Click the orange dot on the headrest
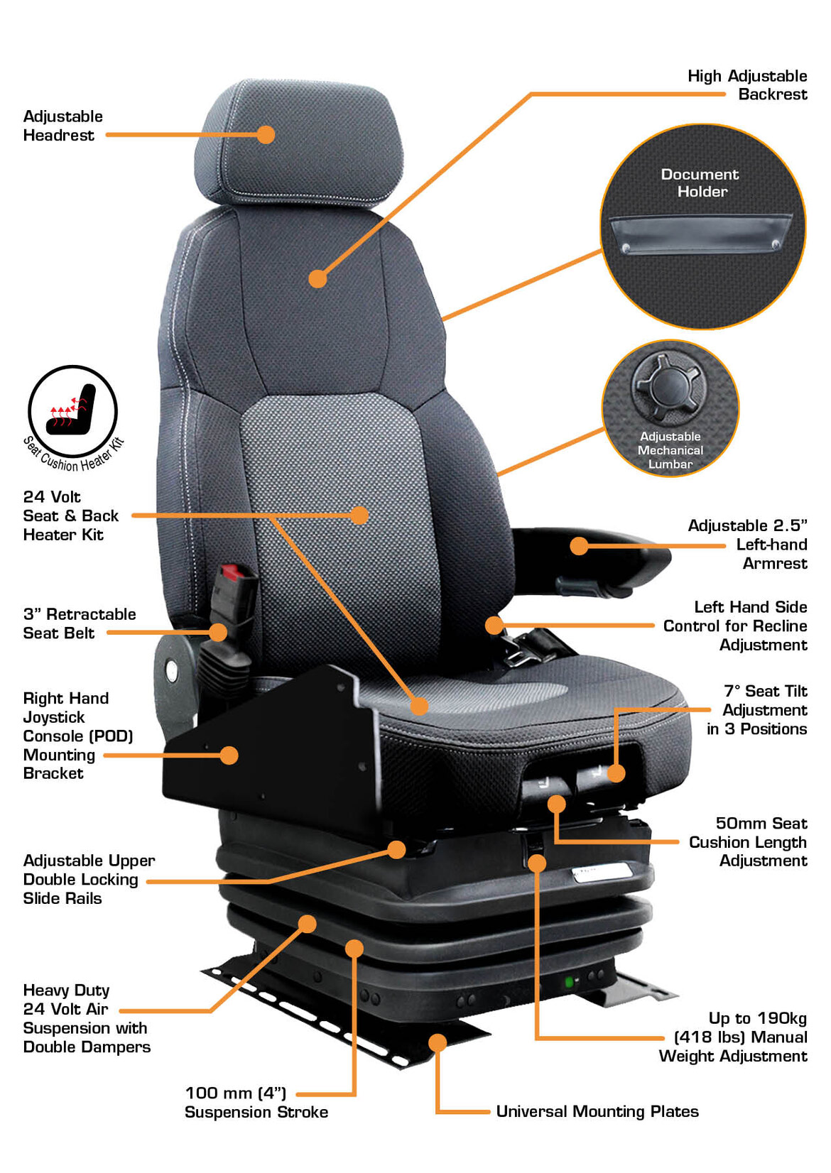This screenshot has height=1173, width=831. point(266,135)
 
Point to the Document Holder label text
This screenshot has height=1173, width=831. point(700,182)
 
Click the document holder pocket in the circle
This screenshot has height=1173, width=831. point(700,234)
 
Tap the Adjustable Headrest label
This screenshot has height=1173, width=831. point(63,126)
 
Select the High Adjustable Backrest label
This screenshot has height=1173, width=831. point(747,84)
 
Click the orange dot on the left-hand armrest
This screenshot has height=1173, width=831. point(579,545)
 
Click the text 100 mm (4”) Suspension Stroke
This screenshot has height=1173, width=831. point(256,1102)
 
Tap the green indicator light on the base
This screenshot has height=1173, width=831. point(568,982)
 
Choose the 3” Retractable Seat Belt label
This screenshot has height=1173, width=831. point(79,623)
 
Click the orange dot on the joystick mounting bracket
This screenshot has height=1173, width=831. point(229,755)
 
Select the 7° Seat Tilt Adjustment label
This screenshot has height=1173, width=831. point(756,709)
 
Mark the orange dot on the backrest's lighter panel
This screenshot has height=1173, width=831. point(359,515)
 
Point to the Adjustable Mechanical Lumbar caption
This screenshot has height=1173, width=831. point(670,450)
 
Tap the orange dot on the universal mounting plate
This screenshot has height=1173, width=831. point(438,1042)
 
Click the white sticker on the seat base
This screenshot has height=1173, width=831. point(602,872)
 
